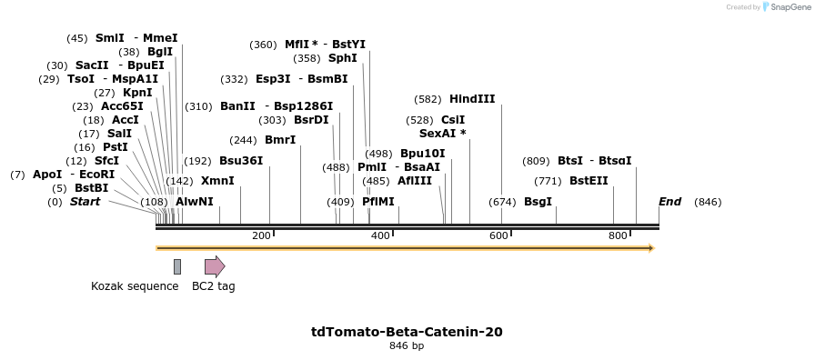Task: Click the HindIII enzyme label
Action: click(x=472, y=99)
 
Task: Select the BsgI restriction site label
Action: click(x=538, y=202)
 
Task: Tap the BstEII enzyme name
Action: click(x=589, y=181)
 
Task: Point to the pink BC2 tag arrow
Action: click(x=214, y=266)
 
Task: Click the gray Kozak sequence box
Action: click(x=177, y=266)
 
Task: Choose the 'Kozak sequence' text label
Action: click(x=135, y=286)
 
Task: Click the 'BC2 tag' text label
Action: click(x=214, y=286)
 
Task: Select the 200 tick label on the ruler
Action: click(x=261, y=236)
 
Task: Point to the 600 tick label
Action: click(x=498, y=236)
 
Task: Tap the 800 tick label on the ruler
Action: click(x=618, y=236)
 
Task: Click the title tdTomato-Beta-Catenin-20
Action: click(x=407, y=332)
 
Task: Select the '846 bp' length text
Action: click(x=407, y=346)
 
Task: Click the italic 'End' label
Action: click(x=669, y=202)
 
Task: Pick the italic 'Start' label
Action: click(x=85, y=202)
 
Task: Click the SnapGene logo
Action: click(x=785, y=7)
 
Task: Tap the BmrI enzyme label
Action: click(x=280, y=140)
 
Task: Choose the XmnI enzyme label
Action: click(x=217, y=181)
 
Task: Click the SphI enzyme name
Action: click(x=343, y=58)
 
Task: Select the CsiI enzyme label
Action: click(x=453, y=120)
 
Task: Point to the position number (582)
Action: click(x=427, y=99)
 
